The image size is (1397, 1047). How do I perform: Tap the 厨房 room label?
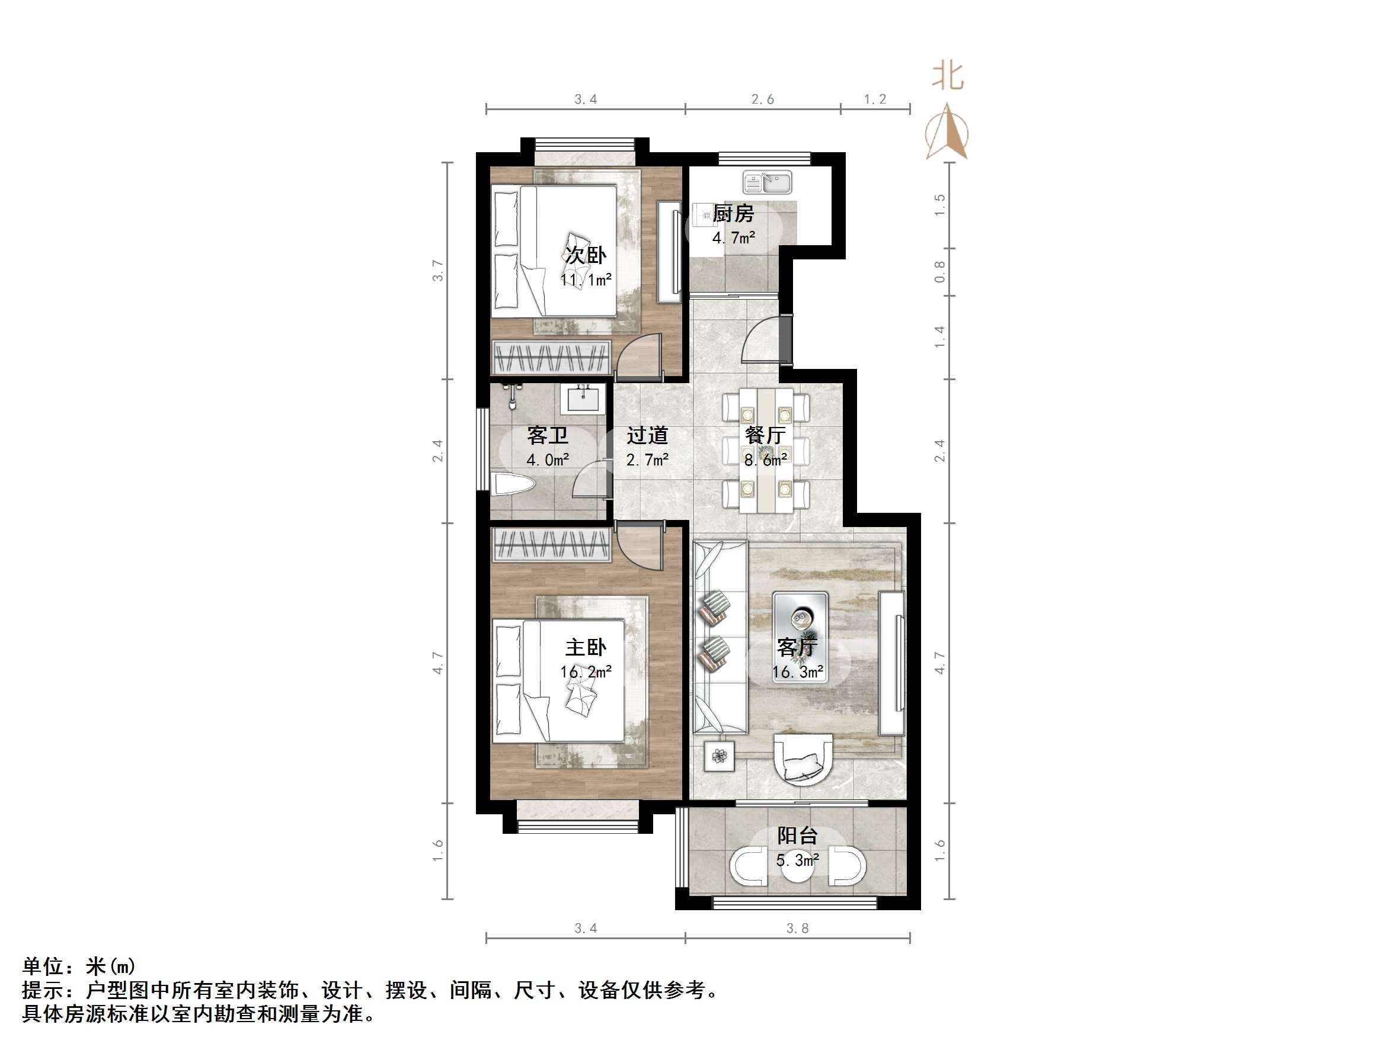pyautogui.click(x=733, y=214)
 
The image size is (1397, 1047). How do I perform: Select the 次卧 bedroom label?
pyautogui.click(x=586, y=255)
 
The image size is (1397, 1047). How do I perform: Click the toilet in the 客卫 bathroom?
pyautogui.click(x=514, y=484)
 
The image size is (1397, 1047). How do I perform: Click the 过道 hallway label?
pyautogui.click(x=647, y=435)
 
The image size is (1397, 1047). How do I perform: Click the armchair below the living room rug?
pyautogui.click(x=803, y=758)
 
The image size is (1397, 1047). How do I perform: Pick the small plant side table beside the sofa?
pyautogui.click(x=720, y=756)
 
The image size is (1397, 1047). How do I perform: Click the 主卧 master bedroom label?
pyautogui.click(x=586, y=647)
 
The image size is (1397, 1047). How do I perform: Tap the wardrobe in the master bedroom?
pyautogui.click(x=552, y=545)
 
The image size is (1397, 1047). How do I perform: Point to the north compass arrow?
pyautogui.click(x=947, y=133)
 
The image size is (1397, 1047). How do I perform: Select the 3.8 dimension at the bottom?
pyautogui.click(x=797, y=929)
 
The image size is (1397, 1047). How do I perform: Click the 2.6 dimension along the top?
pyautogui.click(x=762, y=99)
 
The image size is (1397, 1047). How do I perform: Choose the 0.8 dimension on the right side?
pyautogui.click(x=940, y=271)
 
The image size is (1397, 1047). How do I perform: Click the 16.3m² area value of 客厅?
pyautogui.click(x=798, y=672)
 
